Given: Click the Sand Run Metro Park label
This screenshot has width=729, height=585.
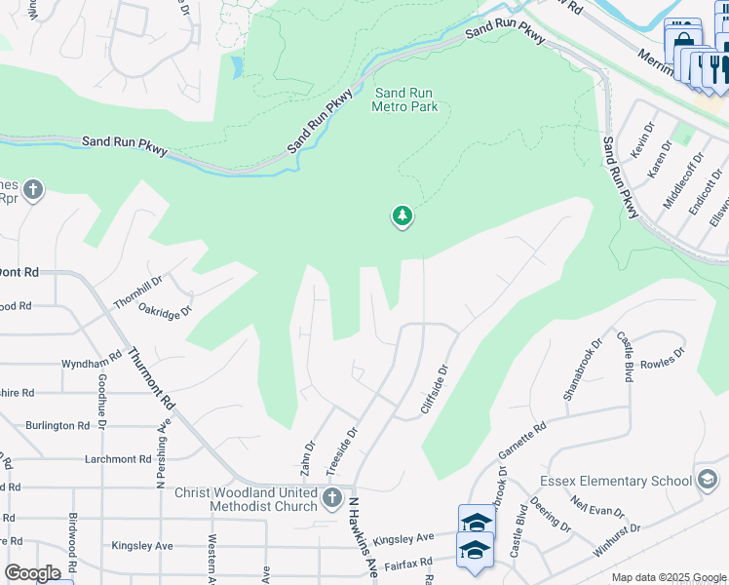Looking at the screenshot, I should [404, 99].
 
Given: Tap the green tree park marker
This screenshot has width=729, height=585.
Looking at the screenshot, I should [402, 216].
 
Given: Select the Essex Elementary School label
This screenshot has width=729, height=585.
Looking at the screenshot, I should [615, 481].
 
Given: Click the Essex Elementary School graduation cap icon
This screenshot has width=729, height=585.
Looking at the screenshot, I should [708, 480].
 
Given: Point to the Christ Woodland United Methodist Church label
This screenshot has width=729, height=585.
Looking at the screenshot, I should [247, 499].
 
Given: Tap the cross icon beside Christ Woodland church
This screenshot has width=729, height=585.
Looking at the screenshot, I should [333, 498].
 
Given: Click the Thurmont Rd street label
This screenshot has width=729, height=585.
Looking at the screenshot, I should [151, 379].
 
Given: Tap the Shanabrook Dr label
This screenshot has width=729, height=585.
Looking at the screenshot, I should [579, 375].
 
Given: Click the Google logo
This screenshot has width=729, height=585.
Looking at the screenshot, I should [32, 573].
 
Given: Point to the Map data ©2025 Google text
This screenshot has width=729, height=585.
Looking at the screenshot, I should [668, 577].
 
